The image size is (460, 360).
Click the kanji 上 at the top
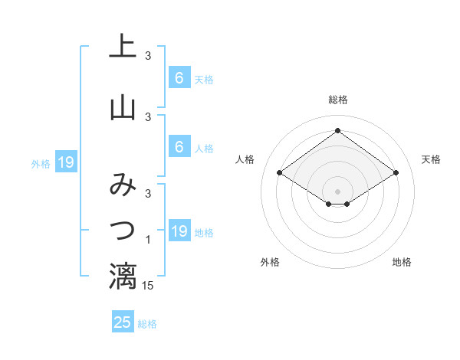point(123,47)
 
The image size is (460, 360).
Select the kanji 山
point(123,108)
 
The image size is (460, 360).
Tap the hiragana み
point(123,186)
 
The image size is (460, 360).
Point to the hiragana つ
point(123,229)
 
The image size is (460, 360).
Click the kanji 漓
point(123,276)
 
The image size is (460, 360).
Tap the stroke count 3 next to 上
point(148,55)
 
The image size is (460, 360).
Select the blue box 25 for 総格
point(123,322)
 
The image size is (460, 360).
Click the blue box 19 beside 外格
point(65,162)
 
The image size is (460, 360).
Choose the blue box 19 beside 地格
point(179,231)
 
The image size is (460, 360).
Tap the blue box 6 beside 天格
point(179,77)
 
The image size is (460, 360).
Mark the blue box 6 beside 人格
point(179,147)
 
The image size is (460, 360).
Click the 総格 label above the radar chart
point(338,100)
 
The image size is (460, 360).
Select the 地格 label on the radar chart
point(402,262)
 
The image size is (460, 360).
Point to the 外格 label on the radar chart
point(270,262)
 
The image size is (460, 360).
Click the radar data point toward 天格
point(396,173)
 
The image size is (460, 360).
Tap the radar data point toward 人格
point(280,173)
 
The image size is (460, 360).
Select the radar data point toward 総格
point(338,131)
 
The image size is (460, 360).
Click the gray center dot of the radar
point(338,191)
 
